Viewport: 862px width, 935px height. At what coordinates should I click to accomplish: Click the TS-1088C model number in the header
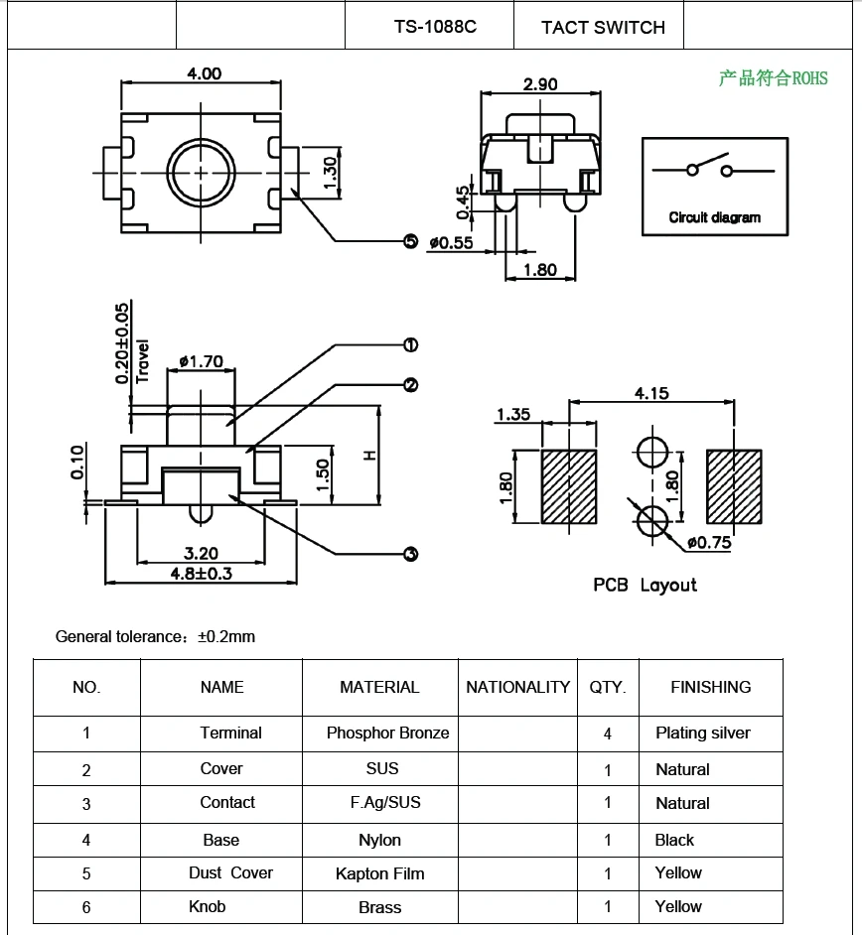(435, 27)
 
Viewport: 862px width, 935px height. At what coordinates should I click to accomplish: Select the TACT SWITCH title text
(603, 28)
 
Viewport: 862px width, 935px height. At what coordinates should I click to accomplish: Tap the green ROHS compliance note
(773, 78)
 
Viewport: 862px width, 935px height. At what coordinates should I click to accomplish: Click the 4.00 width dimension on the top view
(204, 73)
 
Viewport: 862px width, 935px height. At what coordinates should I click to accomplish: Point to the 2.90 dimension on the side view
(540, 84)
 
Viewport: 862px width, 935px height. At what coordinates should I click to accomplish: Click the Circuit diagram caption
(714, 217)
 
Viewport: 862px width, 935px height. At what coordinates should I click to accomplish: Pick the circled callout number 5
(410, 241)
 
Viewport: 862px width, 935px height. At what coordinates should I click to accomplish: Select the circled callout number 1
(410, 345)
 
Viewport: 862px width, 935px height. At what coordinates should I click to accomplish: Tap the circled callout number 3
(410, 554)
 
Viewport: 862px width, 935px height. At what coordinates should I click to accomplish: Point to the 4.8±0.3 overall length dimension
(202, 574)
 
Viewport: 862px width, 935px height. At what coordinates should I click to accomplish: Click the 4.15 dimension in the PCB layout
(651, 393)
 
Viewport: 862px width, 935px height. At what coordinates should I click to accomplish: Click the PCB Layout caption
(645, 585)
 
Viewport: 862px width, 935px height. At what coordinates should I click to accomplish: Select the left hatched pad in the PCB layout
(568, 486)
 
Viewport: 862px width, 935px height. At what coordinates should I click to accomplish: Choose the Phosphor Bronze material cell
(387, 734)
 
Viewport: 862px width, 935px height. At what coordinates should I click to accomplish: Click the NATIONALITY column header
(517, 687)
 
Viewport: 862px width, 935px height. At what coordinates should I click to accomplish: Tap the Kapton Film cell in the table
(379, 873)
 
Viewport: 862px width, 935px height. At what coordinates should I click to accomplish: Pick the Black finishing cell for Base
(674, 840)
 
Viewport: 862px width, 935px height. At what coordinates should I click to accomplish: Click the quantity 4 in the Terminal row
(608, 735)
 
